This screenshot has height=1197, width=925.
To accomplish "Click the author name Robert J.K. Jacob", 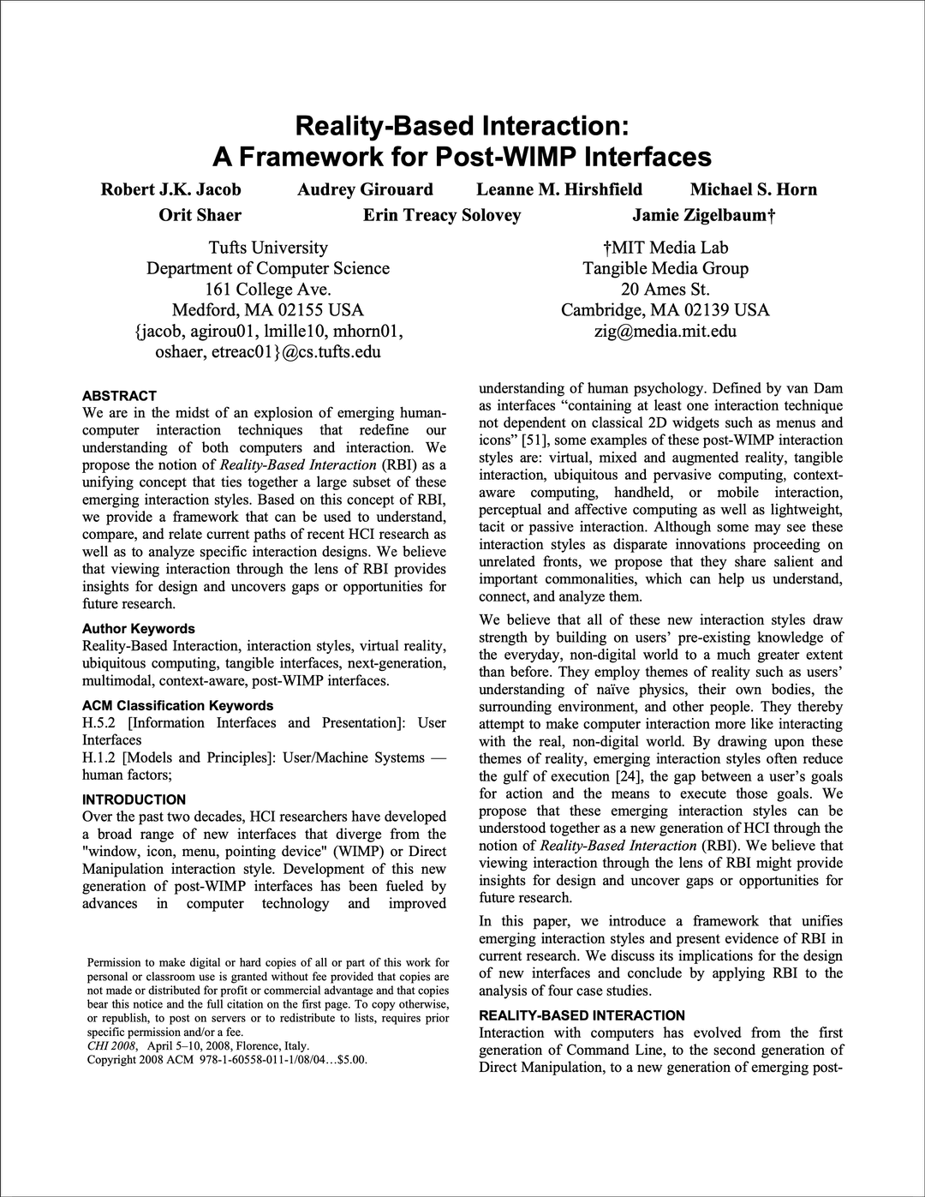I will pyautogui.click(x=171, y=189).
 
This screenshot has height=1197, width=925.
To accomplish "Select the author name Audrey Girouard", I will pyautogui.click(x=365, y=189).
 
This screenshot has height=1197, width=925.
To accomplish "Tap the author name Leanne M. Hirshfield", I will pyautogui.click(x=559, y=189).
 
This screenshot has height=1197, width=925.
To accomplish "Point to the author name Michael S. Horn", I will pyautogui.click(x=754, y=189).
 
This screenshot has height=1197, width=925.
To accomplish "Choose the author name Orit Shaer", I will pyautogui.click(x=200, y=215).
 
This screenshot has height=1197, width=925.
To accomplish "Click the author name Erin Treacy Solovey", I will pyautogui.click(x=442, y=215).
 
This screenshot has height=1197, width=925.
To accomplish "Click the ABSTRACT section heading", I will pyautogui.click(x=119, y=396).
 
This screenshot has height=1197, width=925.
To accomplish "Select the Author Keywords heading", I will pyautogui.click(x=139, y=628).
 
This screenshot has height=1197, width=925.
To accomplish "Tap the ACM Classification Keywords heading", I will pyautogui.click(x=177, y=705).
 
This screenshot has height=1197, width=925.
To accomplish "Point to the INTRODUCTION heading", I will pyautogui.click(x=134, y=799).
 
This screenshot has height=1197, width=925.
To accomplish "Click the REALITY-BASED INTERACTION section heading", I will pyautogui.click(x=582, y=1015).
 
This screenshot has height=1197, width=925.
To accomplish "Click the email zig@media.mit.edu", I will pyautogui.click(x=665, y=331).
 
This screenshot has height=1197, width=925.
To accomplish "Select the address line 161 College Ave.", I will pyautogui.click(x=268, y=289).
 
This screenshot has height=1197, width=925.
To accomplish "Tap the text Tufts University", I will pyautogui.click(x=268, y=248).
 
